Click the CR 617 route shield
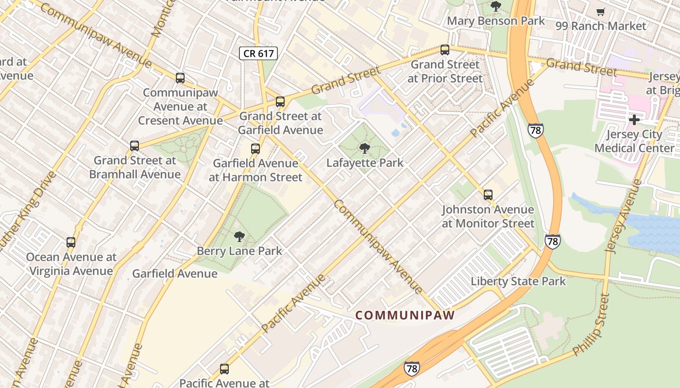point(258,53)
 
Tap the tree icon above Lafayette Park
point(364,148)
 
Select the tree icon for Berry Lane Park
point(239,237)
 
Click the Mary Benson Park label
point(496,21)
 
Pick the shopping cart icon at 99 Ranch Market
point(601,12)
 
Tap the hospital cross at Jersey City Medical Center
point(634,120)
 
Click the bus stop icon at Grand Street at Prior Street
point(444,50)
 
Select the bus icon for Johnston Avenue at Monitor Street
point(488,195)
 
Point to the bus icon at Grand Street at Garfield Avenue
point(280,102)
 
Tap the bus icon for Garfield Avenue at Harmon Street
point(255,149)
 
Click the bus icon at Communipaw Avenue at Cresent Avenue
point(180,78)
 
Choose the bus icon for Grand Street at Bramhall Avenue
point(135,146)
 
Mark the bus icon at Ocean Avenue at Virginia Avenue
point(71,242)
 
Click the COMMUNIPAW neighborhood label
point(405,315)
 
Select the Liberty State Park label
point(518,281)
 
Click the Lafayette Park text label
point(364,163)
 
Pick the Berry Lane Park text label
point(239,251)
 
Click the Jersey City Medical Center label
point(634,141)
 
